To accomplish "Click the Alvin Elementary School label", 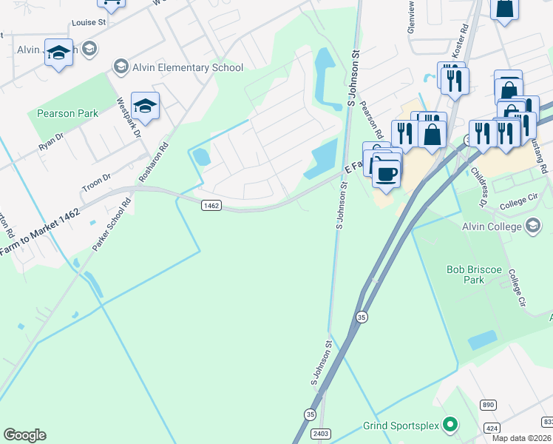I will [187, 68].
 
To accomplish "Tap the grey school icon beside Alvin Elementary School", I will [120, 67].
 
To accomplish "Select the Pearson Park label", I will [67, 113].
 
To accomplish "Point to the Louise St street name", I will [89, 23].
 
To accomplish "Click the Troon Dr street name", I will [96, 183].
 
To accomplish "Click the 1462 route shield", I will [211, 205].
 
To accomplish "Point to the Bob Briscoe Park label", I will [475, 276].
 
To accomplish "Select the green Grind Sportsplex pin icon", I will [449, 425].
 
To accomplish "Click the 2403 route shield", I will [321, 434].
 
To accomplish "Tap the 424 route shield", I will [492, 428].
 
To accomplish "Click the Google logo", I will [24, 435].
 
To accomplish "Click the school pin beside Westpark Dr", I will [146, 107].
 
